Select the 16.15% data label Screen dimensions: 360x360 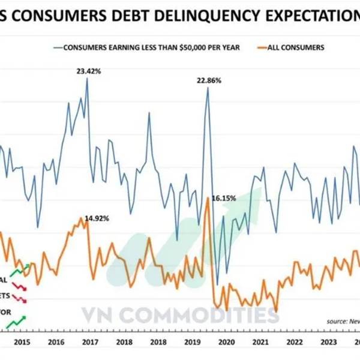[224, 197]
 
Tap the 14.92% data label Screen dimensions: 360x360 [97, 218]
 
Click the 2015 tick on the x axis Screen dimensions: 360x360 [21, 342]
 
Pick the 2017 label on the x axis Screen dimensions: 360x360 [90, 342]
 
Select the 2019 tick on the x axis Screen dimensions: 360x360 [192, 342]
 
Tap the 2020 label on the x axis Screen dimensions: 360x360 [226, 342]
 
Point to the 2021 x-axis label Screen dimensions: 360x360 [260, 342]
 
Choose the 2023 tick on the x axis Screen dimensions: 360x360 [329, 342]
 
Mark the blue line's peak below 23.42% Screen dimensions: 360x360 [87, 79]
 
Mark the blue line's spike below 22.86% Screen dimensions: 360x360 [208, 89]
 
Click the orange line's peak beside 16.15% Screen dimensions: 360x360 [207, 199]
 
